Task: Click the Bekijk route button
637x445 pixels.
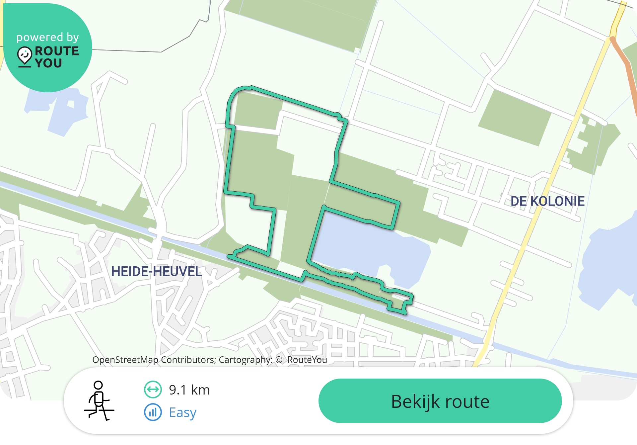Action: click(x=440, y=401)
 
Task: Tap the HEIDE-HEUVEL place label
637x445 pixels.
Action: click(x=156, y=272)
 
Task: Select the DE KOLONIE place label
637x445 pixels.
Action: click(x=547, y=201)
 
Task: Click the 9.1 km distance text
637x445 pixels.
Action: click(x=189, y=390)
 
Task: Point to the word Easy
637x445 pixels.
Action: click(x=182, y=412)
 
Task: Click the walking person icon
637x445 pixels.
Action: click(x=99, y=400)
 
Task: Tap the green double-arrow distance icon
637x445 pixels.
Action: click(x=153, y=389)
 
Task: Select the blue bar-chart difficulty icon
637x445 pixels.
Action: click(x=153, y=412)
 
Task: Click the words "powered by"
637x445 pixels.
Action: click(x=47, y=37)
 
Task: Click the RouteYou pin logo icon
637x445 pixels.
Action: click(x=25, y=56)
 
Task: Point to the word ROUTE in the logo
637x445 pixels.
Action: click(x=57, y=51)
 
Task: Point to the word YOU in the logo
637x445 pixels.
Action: click(x=48, y=63)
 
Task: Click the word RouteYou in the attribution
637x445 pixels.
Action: click(x=307, y=360)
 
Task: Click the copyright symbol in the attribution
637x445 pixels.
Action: click(x=279, y=360)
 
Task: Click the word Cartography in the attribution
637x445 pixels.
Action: click(x=245, y=360)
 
